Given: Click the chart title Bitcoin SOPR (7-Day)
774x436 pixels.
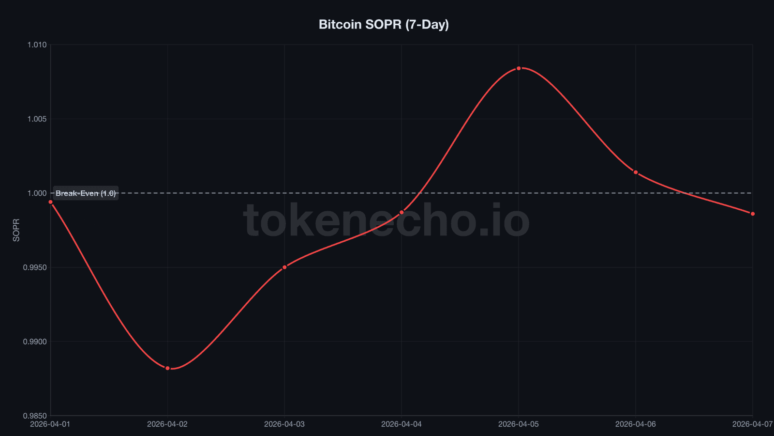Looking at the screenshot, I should coord(384,24).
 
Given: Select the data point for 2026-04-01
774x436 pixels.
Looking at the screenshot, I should coord(50,202).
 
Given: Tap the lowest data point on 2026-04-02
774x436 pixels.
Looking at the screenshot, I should coord(167,368).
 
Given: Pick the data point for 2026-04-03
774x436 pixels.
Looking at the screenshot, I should coord(284,267).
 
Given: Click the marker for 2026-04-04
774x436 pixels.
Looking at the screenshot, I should coord(402,212).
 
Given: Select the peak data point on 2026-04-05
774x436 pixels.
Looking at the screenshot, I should coord(519,68).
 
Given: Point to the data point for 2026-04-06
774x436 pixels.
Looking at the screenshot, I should coord(636,172).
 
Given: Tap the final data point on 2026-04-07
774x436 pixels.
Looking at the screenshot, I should coord(753,214).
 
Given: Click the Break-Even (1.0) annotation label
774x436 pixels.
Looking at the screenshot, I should coord(86,193).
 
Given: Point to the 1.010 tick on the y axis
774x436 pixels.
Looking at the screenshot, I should coord(37,45).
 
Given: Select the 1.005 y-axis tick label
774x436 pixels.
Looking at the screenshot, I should coord(37,119).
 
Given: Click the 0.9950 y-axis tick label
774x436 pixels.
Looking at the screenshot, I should coord(35,267).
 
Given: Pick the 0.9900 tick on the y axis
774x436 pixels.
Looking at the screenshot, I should coord(35,342).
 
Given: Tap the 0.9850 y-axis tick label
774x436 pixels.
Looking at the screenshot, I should coord(35,416).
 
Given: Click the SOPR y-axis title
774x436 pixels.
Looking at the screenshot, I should coord(16,230).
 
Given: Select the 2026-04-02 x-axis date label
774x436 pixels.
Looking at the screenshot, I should coord(167,424).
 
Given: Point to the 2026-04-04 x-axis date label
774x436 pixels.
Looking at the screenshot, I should coord(402,424).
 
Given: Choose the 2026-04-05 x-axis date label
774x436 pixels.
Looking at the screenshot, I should coord(519,424).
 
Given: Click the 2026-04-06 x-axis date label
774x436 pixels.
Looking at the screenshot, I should coord(636,424).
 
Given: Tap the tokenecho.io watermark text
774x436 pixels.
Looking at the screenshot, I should coord(386,221).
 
